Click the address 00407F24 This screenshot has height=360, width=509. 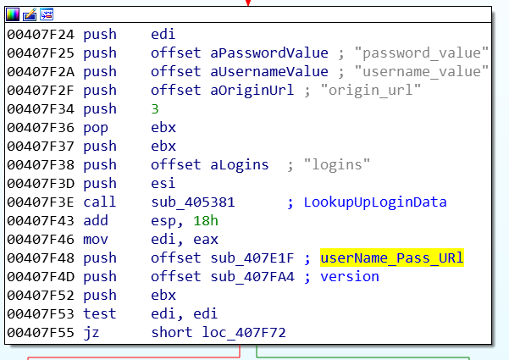(41, 35)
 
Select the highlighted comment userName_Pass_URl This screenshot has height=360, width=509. (392, 258)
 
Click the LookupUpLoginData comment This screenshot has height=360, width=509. (375, 202)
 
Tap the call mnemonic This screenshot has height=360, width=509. (100, 202)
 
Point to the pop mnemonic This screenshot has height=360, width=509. (96, 128)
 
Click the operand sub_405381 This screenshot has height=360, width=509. (193, 202)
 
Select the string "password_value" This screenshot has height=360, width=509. (422, 53)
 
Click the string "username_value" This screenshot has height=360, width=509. (422, 71)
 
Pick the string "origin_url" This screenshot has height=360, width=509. (371, 91)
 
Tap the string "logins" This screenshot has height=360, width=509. (337, 165)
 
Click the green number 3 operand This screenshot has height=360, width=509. (155, 109)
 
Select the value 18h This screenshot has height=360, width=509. (206, 221)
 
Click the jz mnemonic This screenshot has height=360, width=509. (91, 333)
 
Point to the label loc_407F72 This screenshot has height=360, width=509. (244, 333)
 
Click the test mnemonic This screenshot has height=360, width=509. (100, 314)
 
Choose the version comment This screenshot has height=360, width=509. (350, 277)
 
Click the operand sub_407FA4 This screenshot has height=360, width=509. (252, 277)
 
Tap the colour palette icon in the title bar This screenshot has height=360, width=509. (13, 14)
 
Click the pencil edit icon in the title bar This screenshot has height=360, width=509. (30, 14)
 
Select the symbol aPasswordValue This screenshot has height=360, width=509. (269, 53)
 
